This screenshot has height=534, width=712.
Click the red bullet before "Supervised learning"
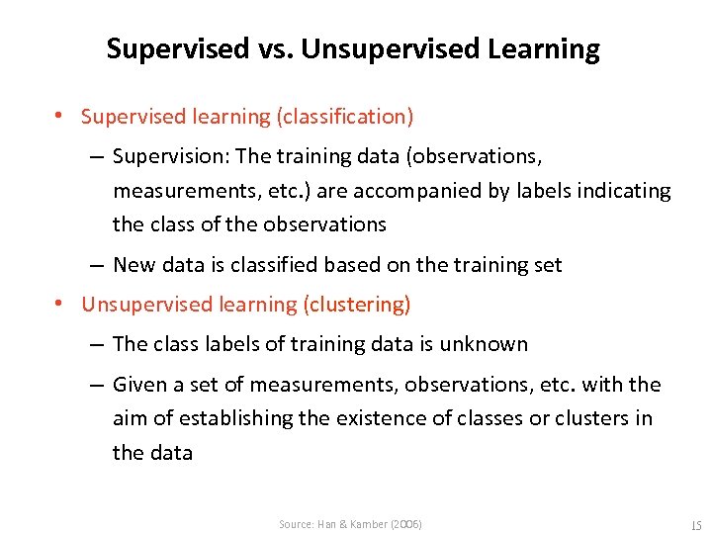coord(60,117)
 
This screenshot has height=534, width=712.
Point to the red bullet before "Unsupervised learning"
coord(60,305)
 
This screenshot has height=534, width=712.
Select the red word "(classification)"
coord(345,117)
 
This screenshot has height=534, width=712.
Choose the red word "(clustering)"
coord(356,305)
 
